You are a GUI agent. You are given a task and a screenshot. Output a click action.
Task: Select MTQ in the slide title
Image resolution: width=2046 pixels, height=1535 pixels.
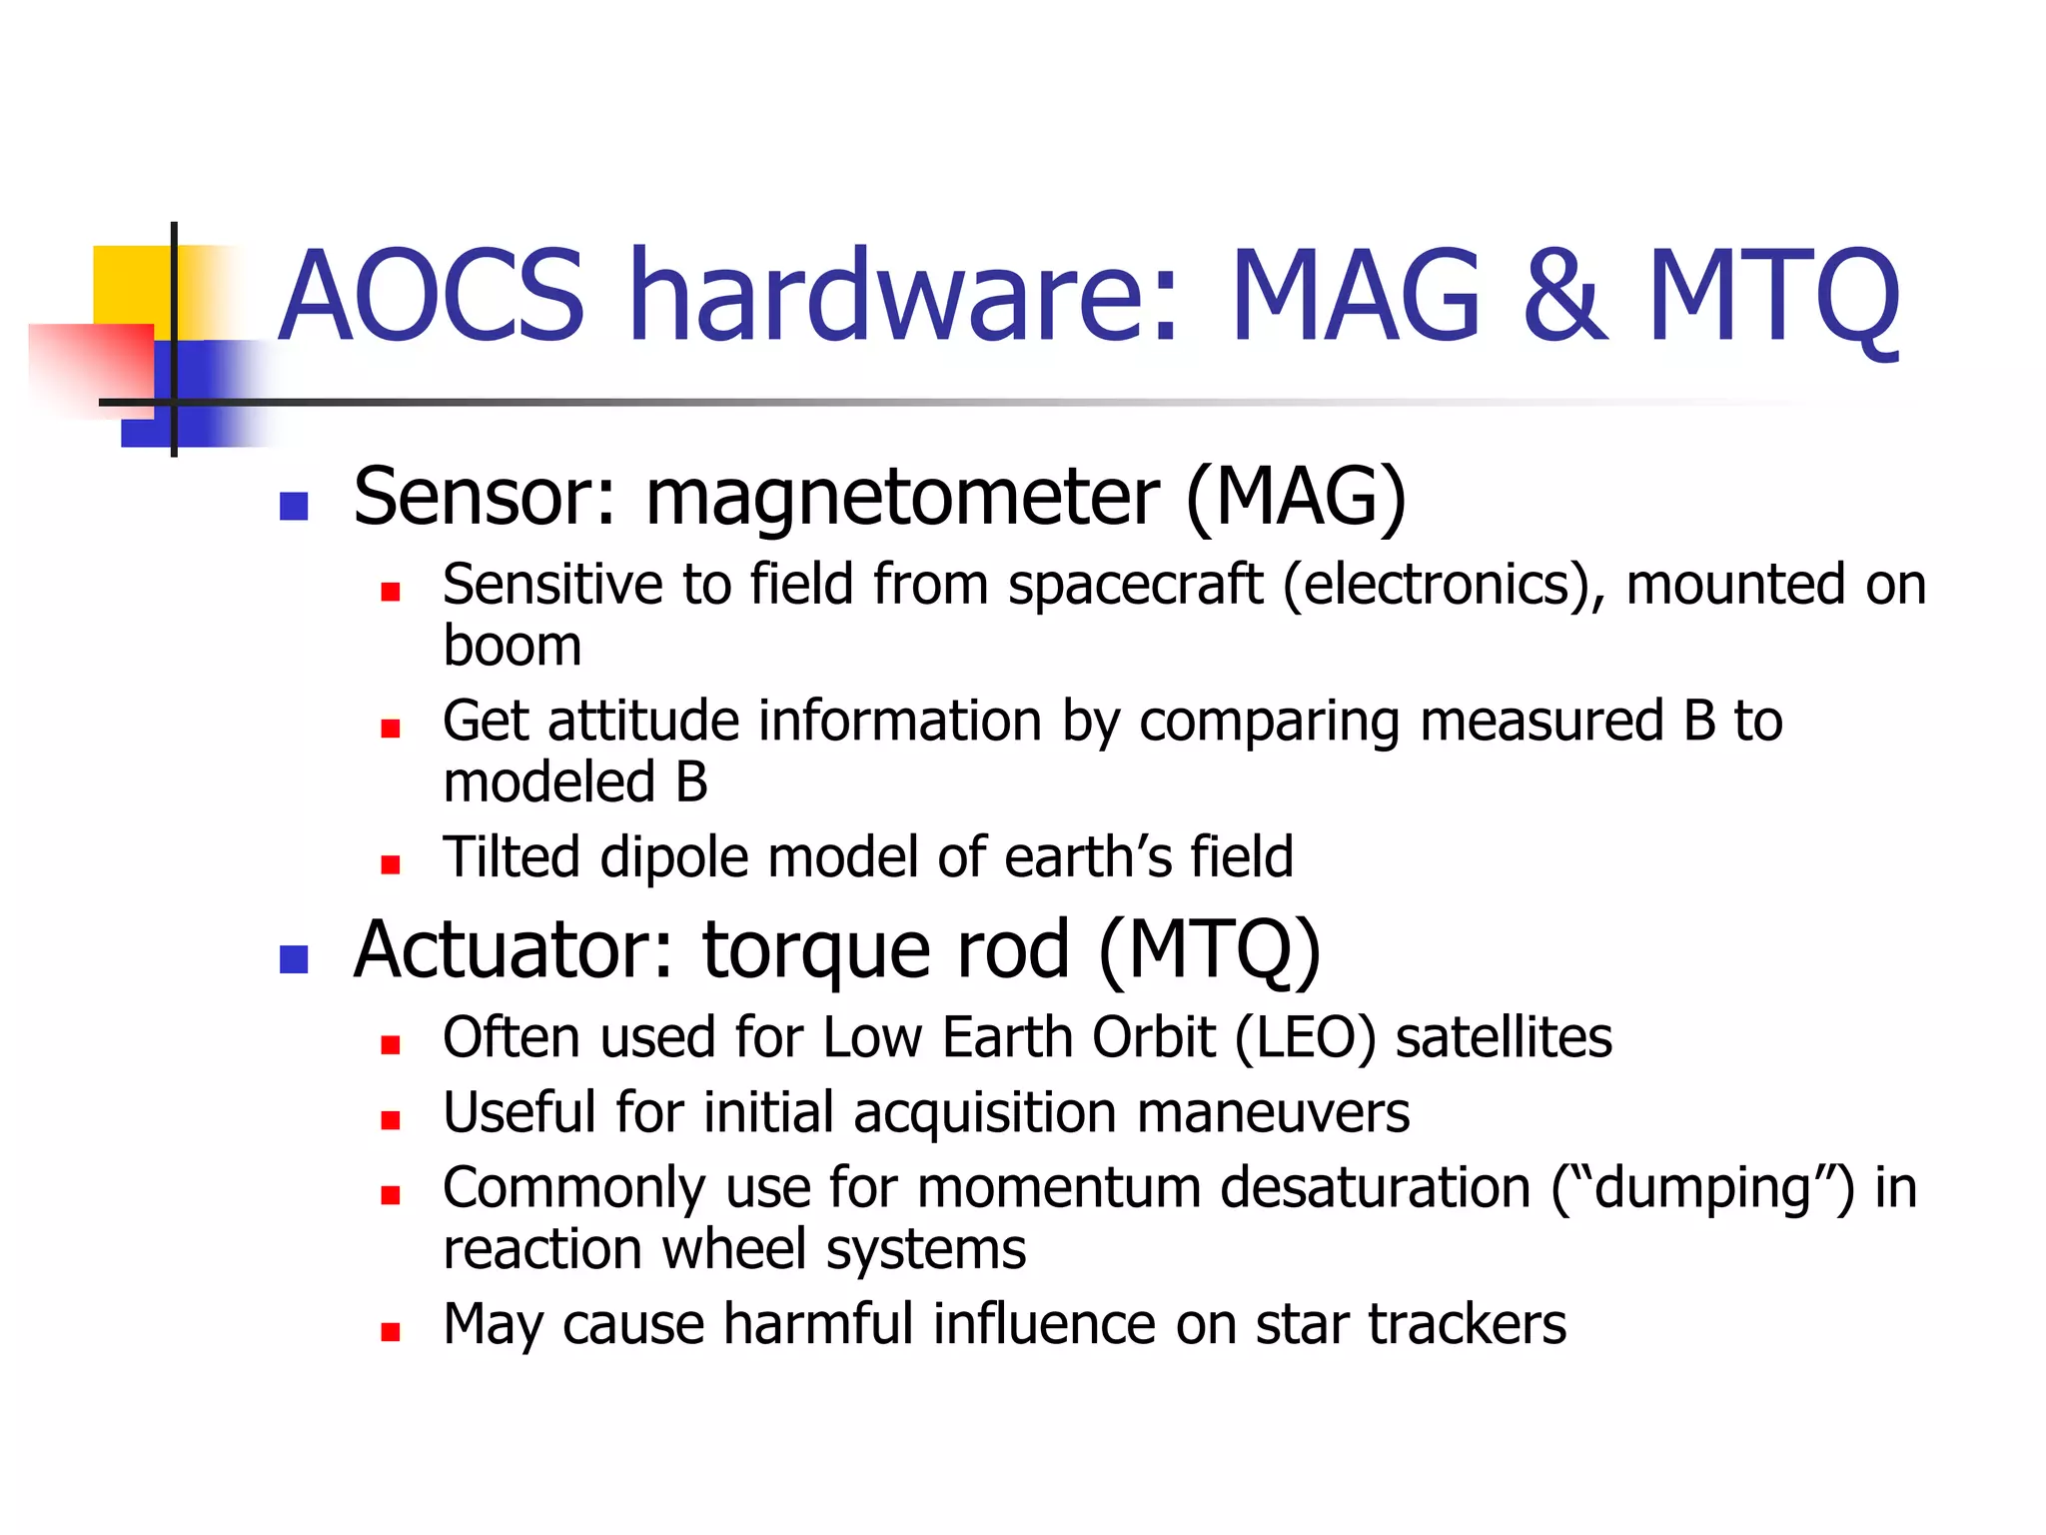(1773, 298)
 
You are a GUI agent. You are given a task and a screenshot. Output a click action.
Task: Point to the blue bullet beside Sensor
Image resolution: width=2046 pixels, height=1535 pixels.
(294, 507)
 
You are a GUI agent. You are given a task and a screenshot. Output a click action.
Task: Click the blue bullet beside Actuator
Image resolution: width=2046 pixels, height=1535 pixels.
(294, 959)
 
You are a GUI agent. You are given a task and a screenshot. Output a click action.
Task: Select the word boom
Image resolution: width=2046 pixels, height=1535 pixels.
(511, 646)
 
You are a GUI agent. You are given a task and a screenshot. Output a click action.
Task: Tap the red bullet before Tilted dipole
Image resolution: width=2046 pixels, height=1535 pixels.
(391, 864)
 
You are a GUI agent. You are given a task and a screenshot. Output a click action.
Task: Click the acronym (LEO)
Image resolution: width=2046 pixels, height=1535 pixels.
(1305, 1037)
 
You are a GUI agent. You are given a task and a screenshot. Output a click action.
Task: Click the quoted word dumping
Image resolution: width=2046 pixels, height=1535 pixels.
(1703, 1188)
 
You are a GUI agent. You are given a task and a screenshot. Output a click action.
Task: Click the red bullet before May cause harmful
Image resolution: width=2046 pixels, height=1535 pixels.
(391, 1331)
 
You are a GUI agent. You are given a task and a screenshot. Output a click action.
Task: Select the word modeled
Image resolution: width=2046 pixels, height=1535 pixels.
(548, 781)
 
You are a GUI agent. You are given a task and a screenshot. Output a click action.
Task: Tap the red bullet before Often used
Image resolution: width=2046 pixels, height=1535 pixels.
(391, 1045)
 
